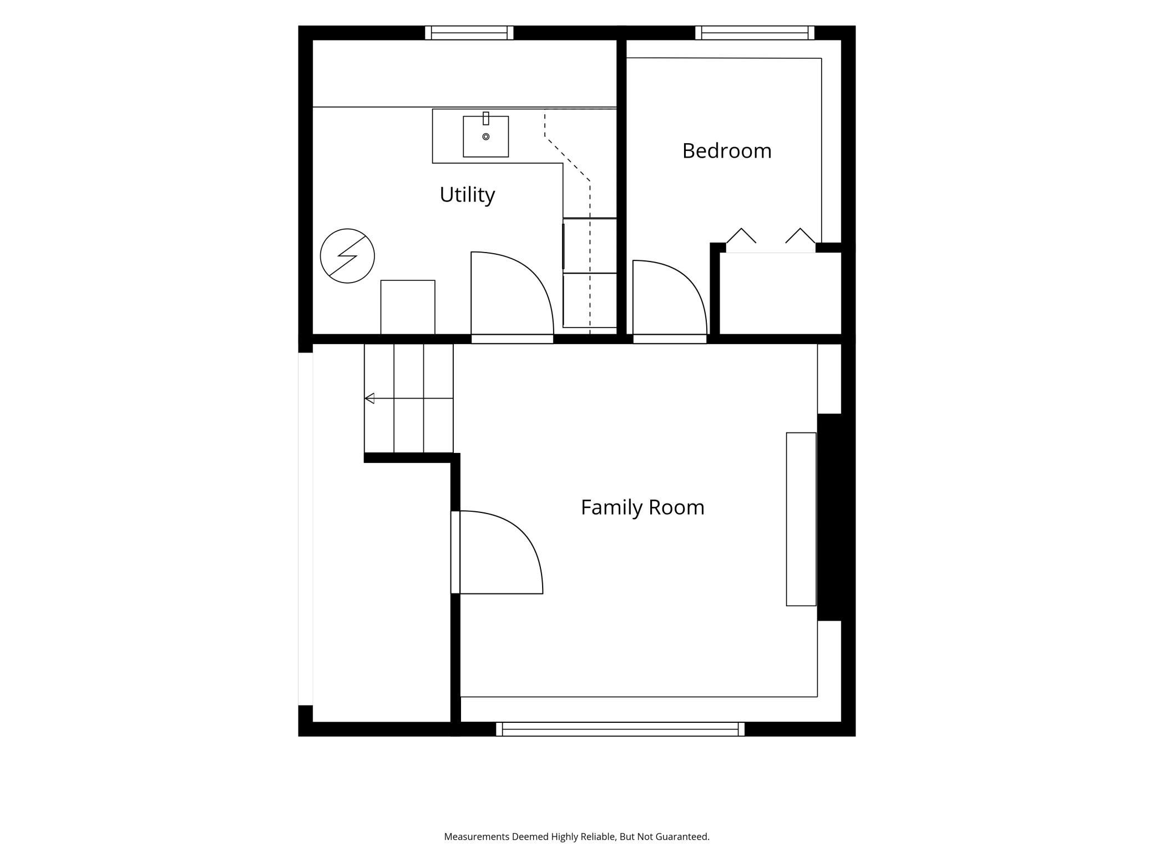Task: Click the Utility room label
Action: tap(467, 195)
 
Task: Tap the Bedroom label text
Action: tap(727, 151)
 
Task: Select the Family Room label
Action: tap(642, 507)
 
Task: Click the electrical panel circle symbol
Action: tap(347, 256)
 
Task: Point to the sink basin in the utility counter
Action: tap(485, 137)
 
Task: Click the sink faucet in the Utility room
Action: tap(486, 118)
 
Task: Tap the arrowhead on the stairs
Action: tap(370, 398)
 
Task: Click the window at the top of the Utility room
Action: tap(469, 33)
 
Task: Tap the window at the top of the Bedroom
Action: tap(755, 33)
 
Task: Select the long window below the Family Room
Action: tap(620, 729)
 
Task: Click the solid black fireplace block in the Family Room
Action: tap(829, 517)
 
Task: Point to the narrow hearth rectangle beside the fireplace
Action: tap(801, 519)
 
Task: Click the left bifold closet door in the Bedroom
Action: tap(741, 235)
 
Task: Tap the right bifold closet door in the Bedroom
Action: tap(800, 235)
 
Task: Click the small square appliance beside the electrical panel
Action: tap(408, 307)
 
